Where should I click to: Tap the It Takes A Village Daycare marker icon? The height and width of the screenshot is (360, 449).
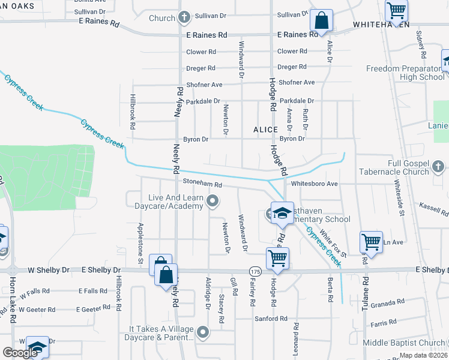203,331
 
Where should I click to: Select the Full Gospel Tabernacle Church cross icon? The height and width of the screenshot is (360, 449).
438,165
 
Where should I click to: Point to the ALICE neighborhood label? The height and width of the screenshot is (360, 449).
265,130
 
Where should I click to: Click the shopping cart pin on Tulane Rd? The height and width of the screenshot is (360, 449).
371,243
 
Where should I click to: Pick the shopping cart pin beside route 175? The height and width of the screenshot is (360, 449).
277,258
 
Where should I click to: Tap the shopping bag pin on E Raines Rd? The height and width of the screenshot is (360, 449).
322,21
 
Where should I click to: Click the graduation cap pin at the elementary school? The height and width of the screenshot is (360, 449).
281,213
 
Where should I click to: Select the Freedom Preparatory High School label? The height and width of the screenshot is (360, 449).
405,73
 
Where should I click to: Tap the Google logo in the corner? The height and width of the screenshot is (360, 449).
20,353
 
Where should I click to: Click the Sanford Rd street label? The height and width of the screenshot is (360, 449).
271,319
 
